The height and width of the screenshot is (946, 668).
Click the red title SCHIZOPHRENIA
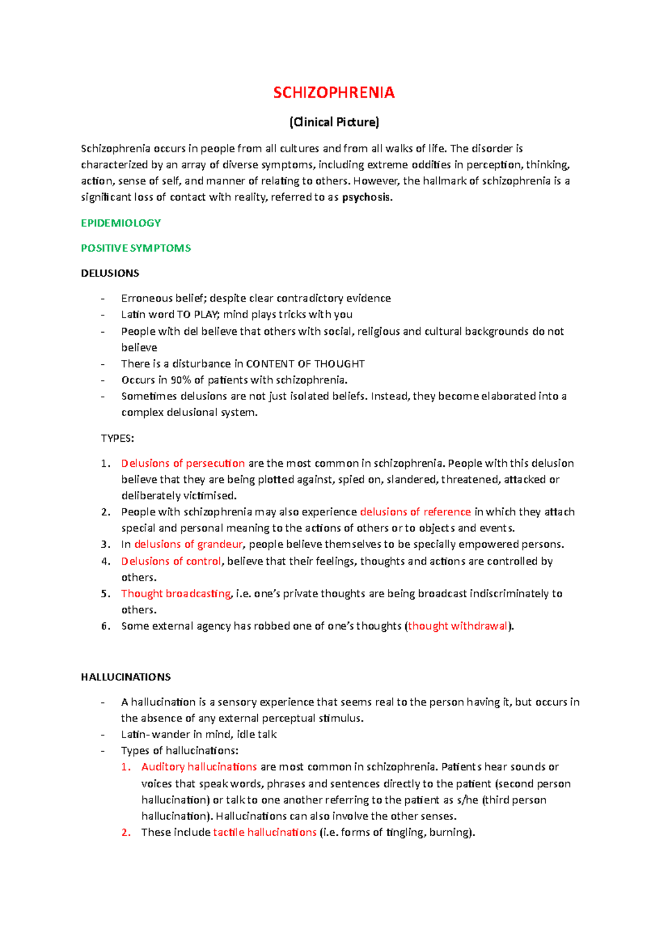tap(333, 92)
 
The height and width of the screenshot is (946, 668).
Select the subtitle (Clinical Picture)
tap(333, 122)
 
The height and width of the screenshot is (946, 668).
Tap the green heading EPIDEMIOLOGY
tap(121, 223)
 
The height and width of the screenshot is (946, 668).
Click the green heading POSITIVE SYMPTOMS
tap(136, 248)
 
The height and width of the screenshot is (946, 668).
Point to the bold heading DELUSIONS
tap(110, 273)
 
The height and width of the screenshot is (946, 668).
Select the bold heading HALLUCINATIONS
tap(126, 677)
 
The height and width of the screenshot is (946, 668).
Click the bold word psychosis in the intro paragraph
tap(367, 197)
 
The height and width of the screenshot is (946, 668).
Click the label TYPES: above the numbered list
tap(117, 438)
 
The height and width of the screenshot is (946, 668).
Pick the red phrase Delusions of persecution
tap(183, 463)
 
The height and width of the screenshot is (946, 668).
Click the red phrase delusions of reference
tap(415, 511)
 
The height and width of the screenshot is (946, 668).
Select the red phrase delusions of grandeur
tap(188, 544)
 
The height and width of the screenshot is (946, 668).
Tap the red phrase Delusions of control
tap(171, 561)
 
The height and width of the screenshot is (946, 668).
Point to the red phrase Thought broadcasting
tap(175, 593)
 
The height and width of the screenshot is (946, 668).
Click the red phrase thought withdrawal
tap(458, 626)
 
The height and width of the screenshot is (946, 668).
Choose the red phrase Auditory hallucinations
tap(199, 767)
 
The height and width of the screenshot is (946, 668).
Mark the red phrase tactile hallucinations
tap(264, 832)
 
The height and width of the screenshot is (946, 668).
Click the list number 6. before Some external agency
tap(106, 626)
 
